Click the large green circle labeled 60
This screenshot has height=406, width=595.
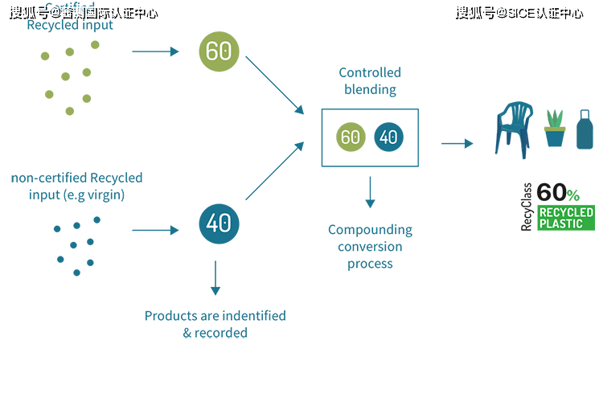click(219, 51)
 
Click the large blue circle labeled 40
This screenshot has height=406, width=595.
click(219, 223)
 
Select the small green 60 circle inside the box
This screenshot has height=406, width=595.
click(351, 137)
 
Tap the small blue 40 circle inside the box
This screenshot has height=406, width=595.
click(388, 137)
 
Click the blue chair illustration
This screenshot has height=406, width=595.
click(513, 129)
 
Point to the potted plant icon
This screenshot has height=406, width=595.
click(554, 129)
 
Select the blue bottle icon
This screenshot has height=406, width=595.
click(585, 129)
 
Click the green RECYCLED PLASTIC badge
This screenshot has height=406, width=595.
click(566, 218)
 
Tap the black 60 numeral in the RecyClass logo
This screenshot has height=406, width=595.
click(551, 193)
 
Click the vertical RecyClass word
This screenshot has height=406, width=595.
click(527, 207)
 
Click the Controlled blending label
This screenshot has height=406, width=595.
click(370, 80)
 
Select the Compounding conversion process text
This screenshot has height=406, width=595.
click(370, 246)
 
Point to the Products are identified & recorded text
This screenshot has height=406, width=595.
click(215, 324)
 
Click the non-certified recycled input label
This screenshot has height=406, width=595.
click(76, 186)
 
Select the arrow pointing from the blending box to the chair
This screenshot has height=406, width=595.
click(456, 144)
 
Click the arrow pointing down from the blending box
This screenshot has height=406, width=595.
click(370, 193)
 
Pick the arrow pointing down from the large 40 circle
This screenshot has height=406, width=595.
click(215, 277)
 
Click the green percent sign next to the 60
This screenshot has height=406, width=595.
click(572, 195)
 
